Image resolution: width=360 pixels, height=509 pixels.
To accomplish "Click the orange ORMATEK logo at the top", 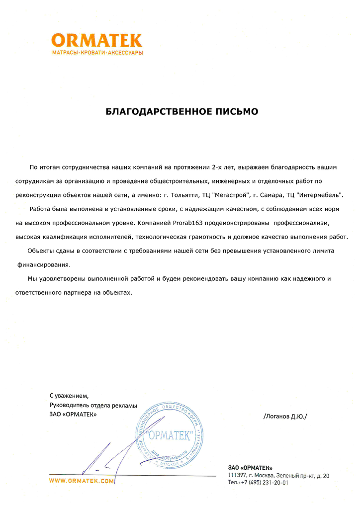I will pyautogui.click(x=97, y=40).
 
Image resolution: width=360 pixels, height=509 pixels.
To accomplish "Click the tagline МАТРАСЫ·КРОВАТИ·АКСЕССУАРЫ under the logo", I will pyautogui.click(x=97, y=53).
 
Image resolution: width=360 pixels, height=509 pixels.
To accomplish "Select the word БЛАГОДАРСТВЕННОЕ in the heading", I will pyautogui.click(x=152, y=111).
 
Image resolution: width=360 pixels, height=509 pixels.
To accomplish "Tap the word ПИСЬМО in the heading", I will pyautogui.click(x=235, y=111).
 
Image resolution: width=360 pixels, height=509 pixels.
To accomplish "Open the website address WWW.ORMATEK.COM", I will pyautogui.click(x=82, y=481).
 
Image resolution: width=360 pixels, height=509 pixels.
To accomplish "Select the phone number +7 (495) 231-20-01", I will pyautogui.click(x=265, y=483).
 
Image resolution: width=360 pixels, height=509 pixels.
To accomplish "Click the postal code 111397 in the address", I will pyautogui.click(x=238, y=476).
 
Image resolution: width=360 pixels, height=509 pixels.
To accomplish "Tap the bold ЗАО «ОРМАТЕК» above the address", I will pyautogui.click(x=250, y=468).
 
